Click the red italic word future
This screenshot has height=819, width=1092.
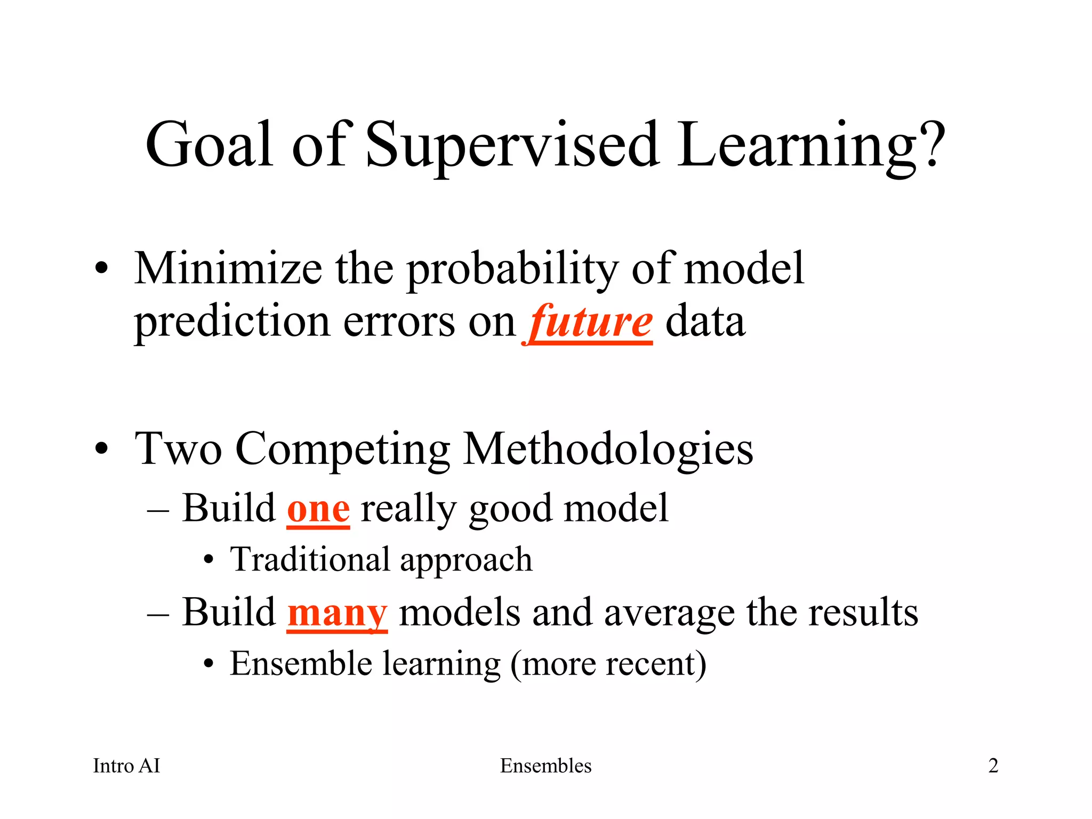pos(590,323)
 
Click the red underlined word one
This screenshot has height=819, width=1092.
pos(318,509)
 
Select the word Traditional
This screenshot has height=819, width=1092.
pos(310,560)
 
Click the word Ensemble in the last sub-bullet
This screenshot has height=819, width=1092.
pos(301,664)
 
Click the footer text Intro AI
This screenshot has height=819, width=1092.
pos(126,766)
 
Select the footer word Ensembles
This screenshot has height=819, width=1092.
pos(545,766)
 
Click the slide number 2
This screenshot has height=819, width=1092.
pos(993,766)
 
